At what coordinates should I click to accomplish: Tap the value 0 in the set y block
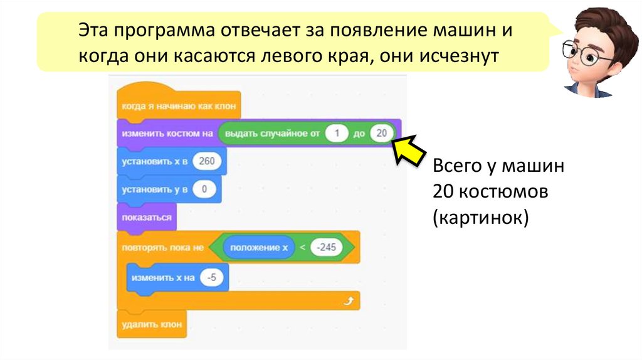click(203, 189)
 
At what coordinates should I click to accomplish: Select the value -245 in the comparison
click(326, 248)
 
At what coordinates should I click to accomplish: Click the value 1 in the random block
click(337, 133)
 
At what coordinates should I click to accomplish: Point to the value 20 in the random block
click(381, 133)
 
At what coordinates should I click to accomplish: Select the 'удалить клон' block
click(151, 324)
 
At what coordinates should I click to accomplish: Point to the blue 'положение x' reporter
click(259, 248)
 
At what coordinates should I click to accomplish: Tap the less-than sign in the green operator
click(302, 248)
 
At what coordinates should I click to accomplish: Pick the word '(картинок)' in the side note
click(480, 218)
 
